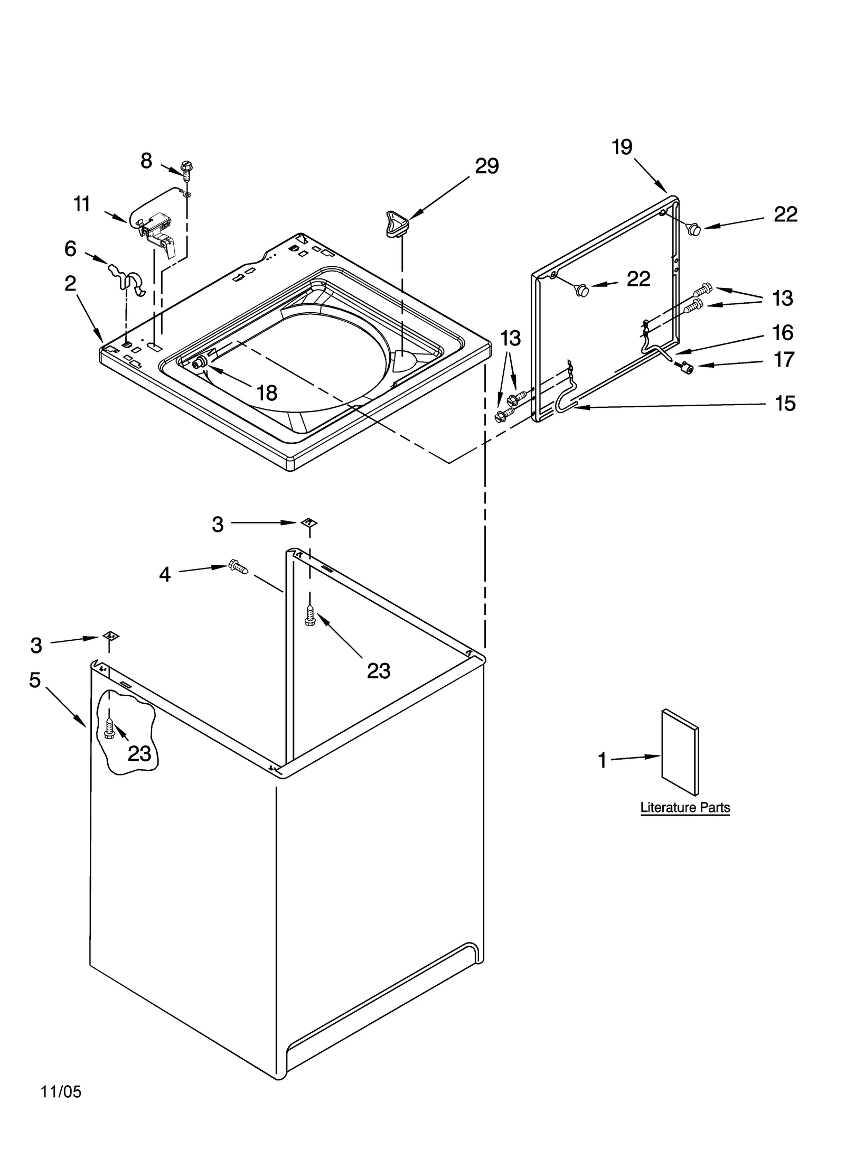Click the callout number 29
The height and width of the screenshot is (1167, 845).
click(486, 166)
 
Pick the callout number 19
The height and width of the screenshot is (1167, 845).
click(622, 147)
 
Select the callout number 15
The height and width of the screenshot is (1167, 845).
click(785, 404)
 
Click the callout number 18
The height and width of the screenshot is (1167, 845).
click(267, 393)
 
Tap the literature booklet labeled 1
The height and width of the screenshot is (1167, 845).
click(680, 752)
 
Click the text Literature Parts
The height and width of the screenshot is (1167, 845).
click(685, 807)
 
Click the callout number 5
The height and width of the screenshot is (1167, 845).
click(35, 680)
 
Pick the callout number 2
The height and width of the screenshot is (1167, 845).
click(70, 284)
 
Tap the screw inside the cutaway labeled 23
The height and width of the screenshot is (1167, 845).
click(109, 730)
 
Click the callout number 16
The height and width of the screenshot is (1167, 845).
click(783, 333)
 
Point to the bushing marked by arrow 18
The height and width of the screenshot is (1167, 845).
click(201, 363)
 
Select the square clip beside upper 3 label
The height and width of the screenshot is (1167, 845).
click(309, 523)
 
